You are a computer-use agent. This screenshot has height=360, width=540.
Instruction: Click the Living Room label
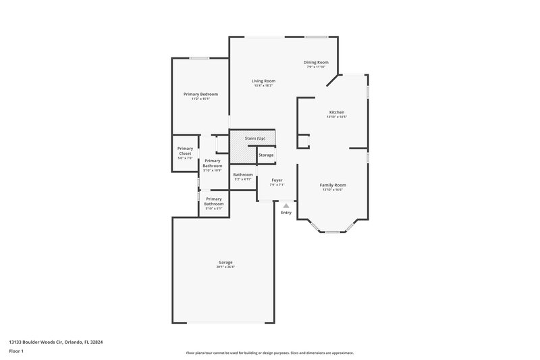[x=264, y=81]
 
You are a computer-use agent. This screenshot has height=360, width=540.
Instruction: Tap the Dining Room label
[x=316, y=62]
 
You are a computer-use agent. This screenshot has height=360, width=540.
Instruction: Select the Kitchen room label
[x=337, y=112]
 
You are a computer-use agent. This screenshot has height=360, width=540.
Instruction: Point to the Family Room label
[x=333, y=185]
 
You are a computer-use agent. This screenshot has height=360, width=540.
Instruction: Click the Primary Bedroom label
[x=200, y=94]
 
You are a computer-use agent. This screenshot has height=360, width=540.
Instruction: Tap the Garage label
[x=225, y=262]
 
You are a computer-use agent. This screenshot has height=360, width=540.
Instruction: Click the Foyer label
[x=277, y=180]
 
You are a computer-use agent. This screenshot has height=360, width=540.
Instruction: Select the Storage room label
[x=266, y=155]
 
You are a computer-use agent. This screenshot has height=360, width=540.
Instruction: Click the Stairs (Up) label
[x=254, y=138]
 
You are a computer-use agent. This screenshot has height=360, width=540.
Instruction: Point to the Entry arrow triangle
[x=286, y=206]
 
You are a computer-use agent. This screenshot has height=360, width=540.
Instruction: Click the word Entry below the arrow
[x=286, y=213]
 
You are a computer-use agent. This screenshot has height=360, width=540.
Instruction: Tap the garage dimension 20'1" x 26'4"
[x=225, y=267]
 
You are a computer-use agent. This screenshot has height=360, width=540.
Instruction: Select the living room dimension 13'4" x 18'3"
[x=264, y=86]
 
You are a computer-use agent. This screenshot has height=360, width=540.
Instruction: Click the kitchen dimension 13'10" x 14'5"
[x=337, y=117]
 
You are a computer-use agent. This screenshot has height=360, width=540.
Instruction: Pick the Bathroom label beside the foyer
[x=243, y=175]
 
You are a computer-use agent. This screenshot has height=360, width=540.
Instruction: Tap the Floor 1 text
[x=17, y=351]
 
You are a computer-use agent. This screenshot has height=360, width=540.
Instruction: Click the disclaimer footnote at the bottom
[x=270, y=353]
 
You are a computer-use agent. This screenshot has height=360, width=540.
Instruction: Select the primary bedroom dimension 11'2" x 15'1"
[x=200, y=99]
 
